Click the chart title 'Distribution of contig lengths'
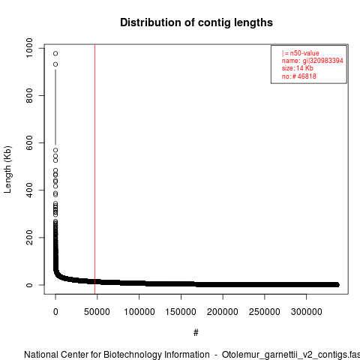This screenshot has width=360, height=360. coord(196,22)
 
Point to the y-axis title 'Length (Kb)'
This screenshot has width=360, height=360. coord(7,169)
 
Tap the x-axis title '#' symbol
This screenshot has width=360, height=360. coord(196,333)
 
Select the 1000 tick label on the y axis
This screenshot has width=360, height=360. coord(29,48)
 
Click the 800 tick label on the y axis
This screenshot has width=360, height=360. coord(29,95)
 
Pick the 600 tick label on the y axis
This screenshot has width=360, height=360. coord(29,142)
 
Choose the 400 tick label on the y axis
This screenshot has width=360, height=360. coord(29,190)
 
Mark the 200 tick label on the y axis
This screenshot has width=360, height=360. coord(29,237)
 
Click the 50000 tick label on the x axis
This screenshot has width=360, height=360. coord(97,312)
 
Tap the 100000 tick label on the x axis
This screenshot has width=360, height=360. coord(139,312)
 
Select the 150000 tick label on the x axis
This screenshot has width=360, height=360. coord(181,312)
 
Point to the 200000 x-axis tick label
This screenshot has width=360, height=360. coord(223,312)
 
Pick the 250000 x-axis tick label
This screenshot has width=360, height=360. coord(265,312)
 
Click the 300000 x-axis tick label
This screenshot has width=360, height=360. coord(307,312)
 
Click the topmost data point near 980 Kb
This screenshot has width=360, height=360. coord(55,53)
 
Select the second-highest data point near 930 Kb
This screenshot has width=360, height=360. coord(55,64)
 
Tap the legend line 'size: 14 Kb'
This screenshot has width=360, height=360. coord(298,68)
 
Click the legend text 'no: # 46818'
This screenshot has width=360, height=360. coord(299,76)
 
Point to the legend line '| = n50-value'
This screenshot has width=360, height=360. coord(301,53)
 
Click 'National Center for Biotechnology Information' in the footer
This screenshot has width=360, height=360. coord(117,355)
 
